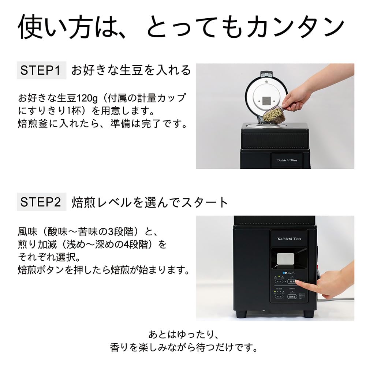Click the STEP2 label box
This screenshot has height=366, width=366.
(41, 202)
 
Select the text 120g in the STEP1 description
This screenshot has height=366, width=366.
(88, 98)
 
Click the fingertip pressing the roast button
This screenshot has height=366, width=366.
(297, 282)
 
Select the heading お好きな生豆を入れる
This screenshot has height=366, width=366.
(131, 70)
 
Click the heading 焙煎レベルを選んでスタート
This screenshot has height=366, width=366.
(150, 202)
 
